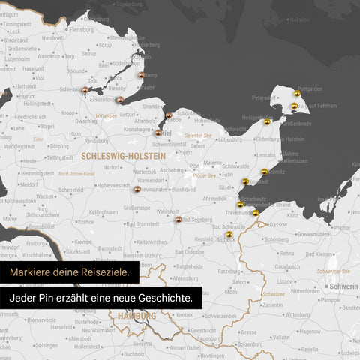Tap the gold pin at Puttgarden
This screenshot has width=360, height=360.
pyautogui.click(x=297, y=94)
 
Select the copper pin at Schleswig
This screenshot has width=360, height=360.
pyautogui.click(x=85, y=89)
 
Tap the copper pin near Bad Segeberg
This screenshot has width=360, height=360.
pyautogui.click(x=178, y=220)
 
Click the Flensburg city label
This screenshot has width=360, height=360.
pyautogui.click(x=81, y=30)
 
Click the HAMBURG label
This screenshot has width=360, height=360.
pyautogui.click(x=136, y=316)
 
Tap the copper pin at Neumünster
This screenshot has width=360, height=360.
pyautogui.click(x=136, y=190)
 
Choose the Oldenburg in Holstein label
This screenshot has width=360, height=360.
pyautogui.click(x=279, y=139)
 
